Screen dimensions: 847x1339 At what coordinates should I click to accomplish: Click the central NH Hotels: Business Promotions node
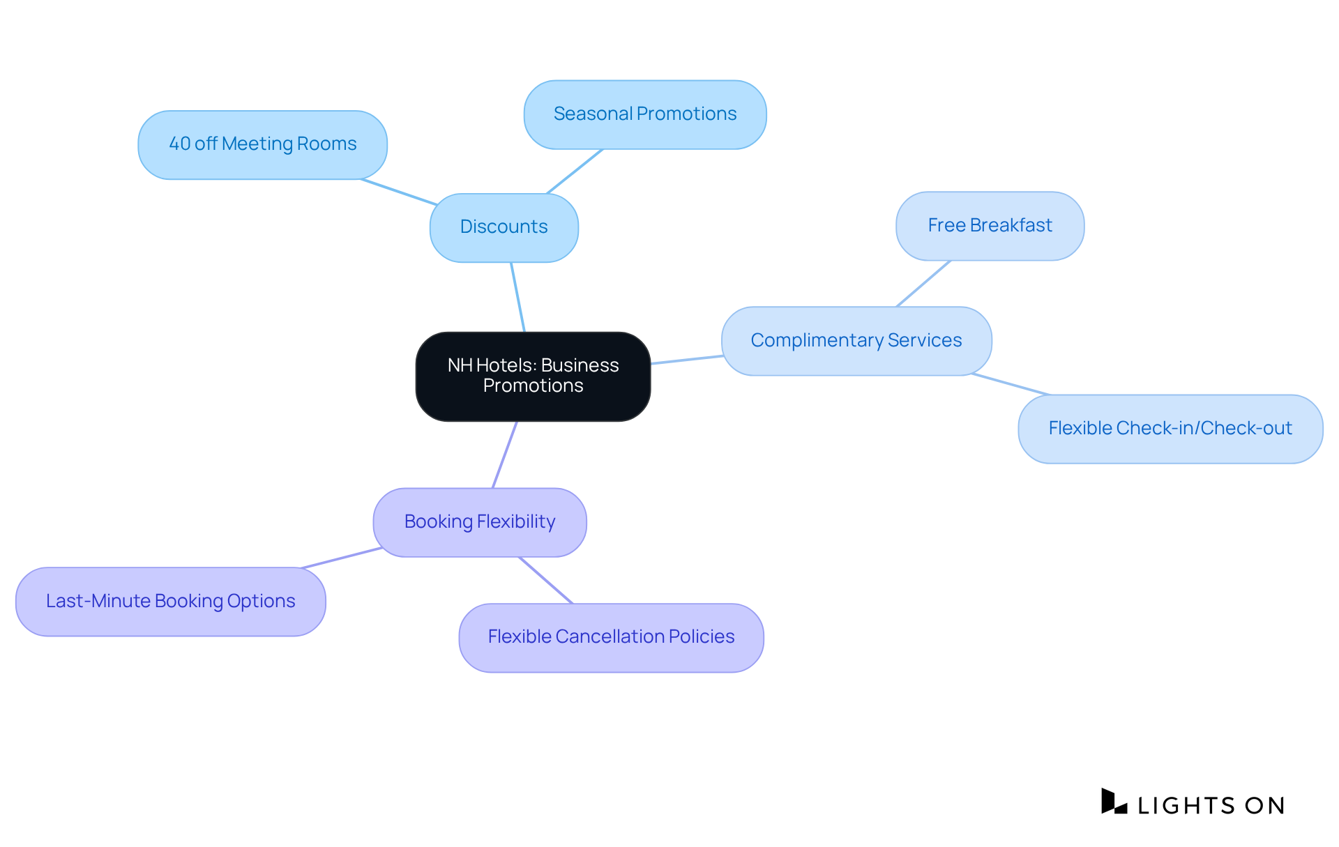(533, 376)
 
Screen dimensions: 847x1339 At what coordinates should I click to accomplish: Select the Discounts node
(504, 227)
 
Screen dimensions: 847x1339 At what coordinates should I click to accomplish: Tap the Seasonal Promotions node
(644, 114)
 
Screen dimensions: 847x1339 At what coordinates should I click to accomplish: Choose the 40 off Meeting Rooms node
(262, 144)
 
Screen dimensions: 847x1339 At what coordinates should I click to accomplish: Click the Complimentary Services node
(856, 341)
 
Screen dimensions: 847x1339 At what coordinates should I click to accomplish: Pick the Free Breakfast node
(989, 226)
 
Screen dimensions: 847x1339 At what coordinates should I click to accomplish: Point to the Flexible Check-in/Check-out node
(1170, 429)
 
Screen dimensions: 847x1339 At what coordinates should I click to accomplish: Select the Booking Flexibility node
(479, 522)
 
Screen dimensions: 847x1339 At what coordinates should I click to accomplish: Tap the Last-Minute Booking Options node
(170, 601)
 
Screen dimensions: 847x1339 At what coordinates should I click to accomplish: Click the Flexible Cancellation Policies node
(611, 637)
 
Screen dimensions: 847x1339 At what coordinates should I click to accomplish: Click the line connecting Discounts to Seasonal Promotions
(575, 171)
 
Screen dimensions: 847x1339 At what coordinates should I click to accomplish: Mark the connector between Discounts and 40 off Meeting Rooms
(399, 192)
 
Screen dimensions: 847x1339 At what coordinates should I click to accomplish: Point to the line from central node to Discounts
(517, 297)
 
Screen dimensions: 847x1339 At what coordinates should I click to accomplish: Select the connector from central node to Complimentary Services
(686, 360)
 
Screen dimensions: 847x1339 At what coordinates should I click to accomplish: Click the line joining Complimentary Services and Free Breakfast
(923, 284)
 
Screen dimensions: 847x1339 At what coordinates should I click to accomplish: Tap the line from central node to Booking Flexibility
(504, 455)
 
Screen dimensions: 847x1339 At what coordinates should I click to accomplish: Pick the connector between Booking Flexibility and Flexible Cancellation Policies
(545, 580)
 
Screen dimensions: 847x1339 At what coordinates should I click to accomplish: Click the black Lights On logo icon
(1114, 802)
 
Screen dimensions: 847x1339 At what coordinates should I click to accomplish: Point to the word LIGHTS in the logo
(1186, 806)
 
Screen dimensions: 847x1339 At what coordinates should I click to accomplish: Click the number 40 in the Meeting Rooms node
(179, 144)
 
